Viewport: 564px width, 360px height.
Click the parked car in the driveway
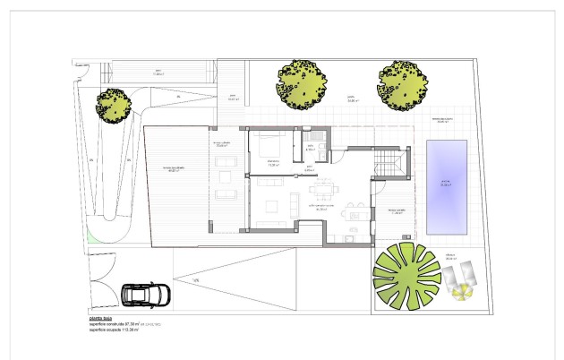[x=143, y=295]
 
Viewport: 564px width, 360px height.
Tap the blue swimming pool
[x=445, y=186]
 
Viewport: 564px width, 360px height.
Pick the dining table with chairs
[x=322, y=189]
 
